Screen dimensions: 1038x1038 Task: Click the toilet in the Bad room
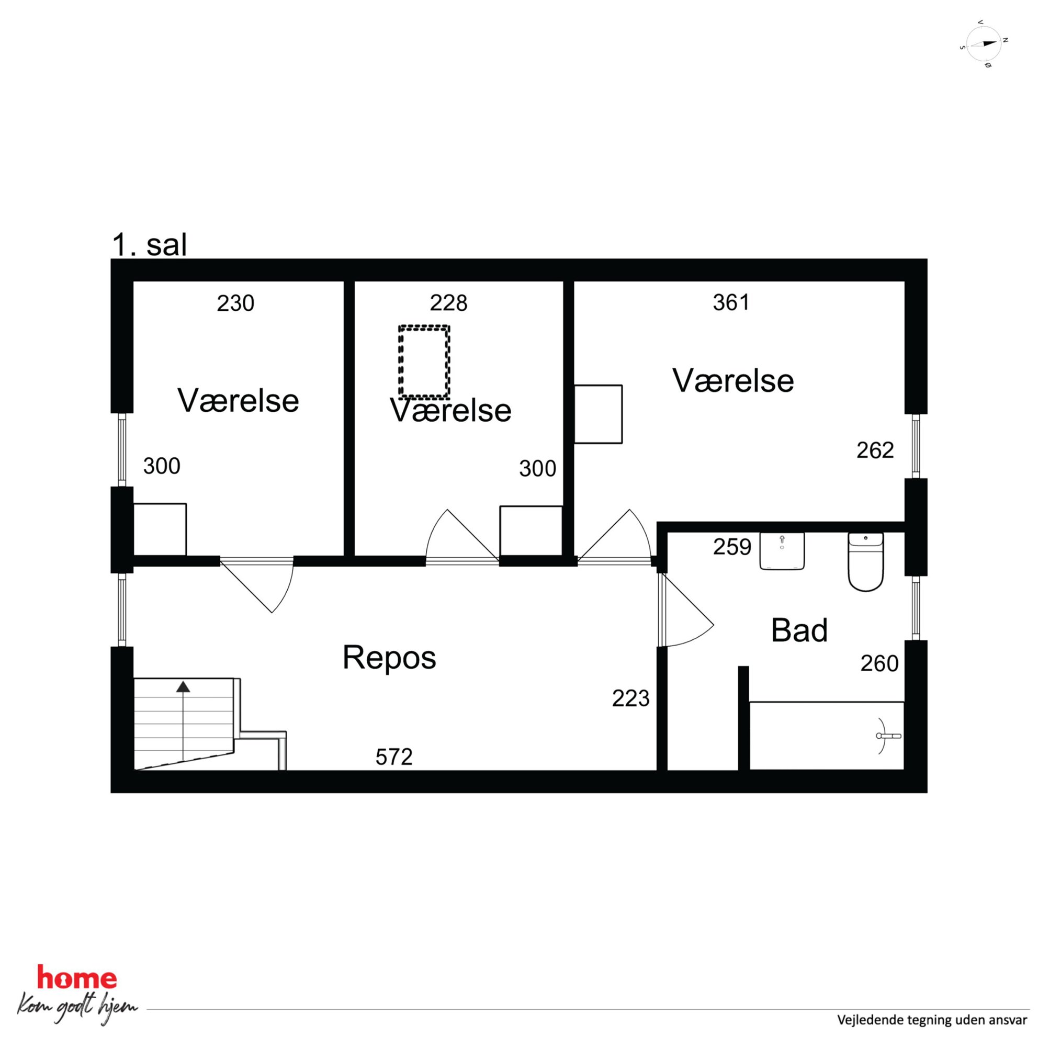pos(865,561)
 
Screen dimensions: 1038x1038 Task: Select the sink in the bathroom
pos(782,551)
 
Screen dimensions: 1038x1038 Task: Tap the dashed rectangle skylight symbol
pos(424,362)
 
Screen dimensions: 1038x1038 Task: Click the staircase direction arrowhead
pos(183,686)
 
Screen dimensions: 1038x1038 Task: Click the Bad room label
pos(799,630)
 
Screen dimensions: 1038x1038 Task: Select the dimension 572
pos(394,757)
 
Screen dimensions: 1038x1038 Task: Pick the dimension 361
pos(731,303)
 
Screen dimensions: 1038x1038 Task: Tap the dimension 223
pos(631,698)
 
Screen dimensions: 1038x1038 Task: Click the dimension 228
pos(448,303)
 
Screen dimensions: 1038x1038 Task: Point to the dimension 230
pos(235,303)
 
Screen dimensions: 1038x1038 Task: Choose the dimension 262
pos(875,450)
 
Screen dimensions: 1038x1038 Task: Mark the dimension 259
pos(732,547)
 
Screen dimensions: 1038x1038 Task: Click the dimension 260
pos(879,663)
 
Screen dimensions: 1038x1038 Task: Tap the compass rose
pos(984,44)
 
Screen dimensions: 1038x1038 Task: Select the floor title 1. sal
pos(149,245)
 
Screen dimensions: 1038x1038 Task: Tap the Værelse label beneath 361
pos(733,381)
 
